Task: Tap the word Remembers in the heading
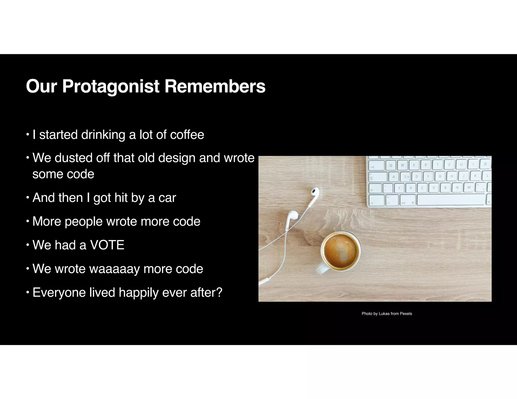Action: (215, 87)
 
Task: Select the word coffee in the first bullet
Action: (187, 135)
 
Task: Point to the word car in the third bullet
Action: (167, 198)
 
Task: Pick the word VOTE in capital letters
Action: (107, 245)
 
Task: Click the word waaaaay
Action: (114, 269)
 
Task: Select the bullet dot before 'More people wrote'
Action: (28, 221)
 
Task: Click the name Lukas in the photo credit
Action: (384, 313)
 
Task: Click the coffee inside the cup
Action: (340, 251)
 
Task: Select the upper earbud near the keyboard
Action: (314, 192)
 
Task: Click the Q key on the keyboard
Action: (391, 165)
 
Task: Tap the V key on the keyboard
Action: (434, 188)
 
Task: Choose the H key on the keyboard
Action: (452, 176)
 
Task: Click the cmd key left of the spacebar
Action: (407, 200)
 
